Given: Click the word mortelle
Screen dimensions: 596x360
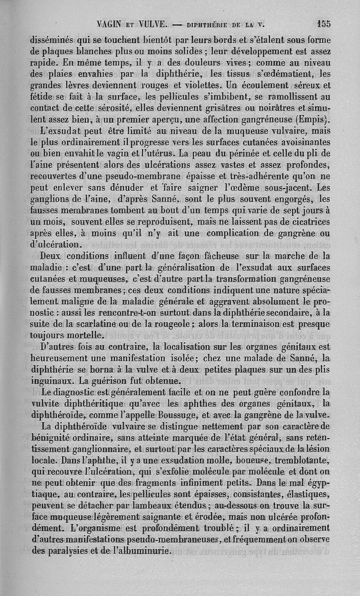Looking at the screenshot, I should (x=85, y=334).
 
